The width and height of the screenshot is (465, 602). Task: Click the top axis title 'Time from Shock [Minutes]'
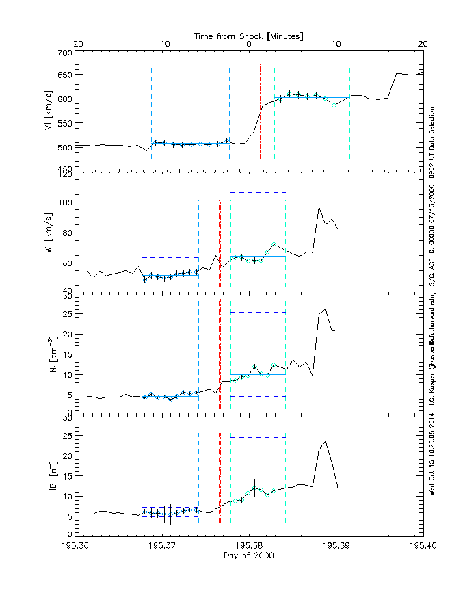tap(249, 35)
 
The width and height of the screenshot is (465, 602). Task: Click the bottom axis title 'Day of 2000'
tap(249, 556)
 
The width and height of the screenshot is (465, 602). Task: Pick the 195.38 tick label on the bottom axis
tap(249, 545)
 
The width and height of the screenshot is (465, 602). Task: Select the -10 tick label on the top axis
tap(162, 44)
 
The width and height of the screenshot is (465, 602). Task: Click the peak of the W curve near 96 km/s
tap(319, 208)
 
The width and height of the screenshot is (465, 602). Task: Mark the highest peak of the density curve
tap(325, 309)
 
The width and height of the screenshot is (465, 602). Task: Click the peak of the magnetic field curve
tap(325, 442)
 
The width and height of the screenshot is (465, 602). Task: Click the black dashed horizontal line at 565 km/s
tap(190, 116)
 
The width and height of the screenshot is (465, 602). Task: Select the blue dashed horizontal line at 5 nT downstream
tap(258, 516)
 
